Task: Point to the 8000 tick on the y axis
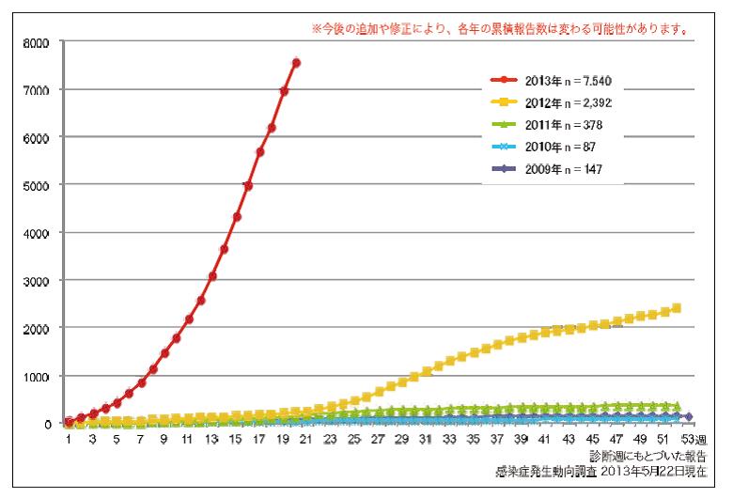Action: pyautogui.click(x=41, y=42)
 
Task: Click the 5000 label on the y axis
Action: pyautogui.click(x=41, y=185)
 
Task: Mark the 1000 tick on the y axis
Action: pyautogui.click(x=41, y=376)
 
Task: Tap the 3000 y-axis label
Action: pyautogui.click(x=41, y=280)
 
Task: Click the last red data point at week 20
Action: pyautogui.click(x=296, y=63)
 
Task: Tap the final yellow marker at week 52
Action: pyautogui.click(x=677, y=308)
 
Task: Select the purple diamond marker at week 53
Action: pyautogui.click(x=689, y=416)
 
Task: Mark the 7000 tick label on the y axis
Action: pyautogui.click(x=41, y=89)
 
